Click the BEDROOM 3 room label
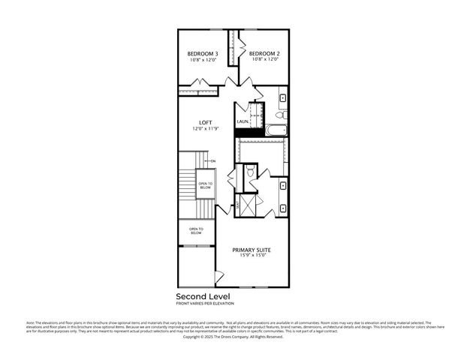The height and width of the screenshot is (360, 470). (x=202, y=54)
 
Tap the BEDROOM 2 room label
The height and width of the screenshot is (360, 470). (x=264, y=54)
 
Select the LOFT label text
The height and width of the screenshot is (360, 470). (x=205, y=122)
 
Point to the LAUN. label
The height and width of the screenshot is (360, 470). (x=243, y=121)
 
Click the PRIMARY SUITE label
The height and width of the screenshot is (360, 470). (x=252, y=250)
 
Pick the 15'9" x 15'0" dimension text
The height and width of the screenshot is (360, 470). (x=252, y=256)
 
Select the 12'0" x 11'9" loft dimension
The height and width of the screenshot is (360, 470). (x=205, y=129)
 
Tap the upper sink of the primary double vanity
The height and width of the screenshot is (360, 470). (x=282, y=185)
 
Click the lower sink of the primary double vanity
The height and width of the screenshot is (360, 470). (x=282, y=208)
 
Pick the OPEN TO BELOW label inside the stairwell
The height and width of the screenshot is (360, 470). (x=205, y=185)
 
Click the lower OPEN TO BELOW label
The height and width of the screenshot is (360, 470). (x=196, y=231)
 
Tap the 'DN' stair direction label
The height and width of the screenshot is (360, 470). (x=213, y=161)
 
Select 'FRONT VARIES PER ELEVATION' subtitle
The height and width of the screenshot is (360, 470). (x=205, y=303)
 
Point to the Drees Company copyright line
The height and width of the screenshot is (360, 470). (x=233, y=337)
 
